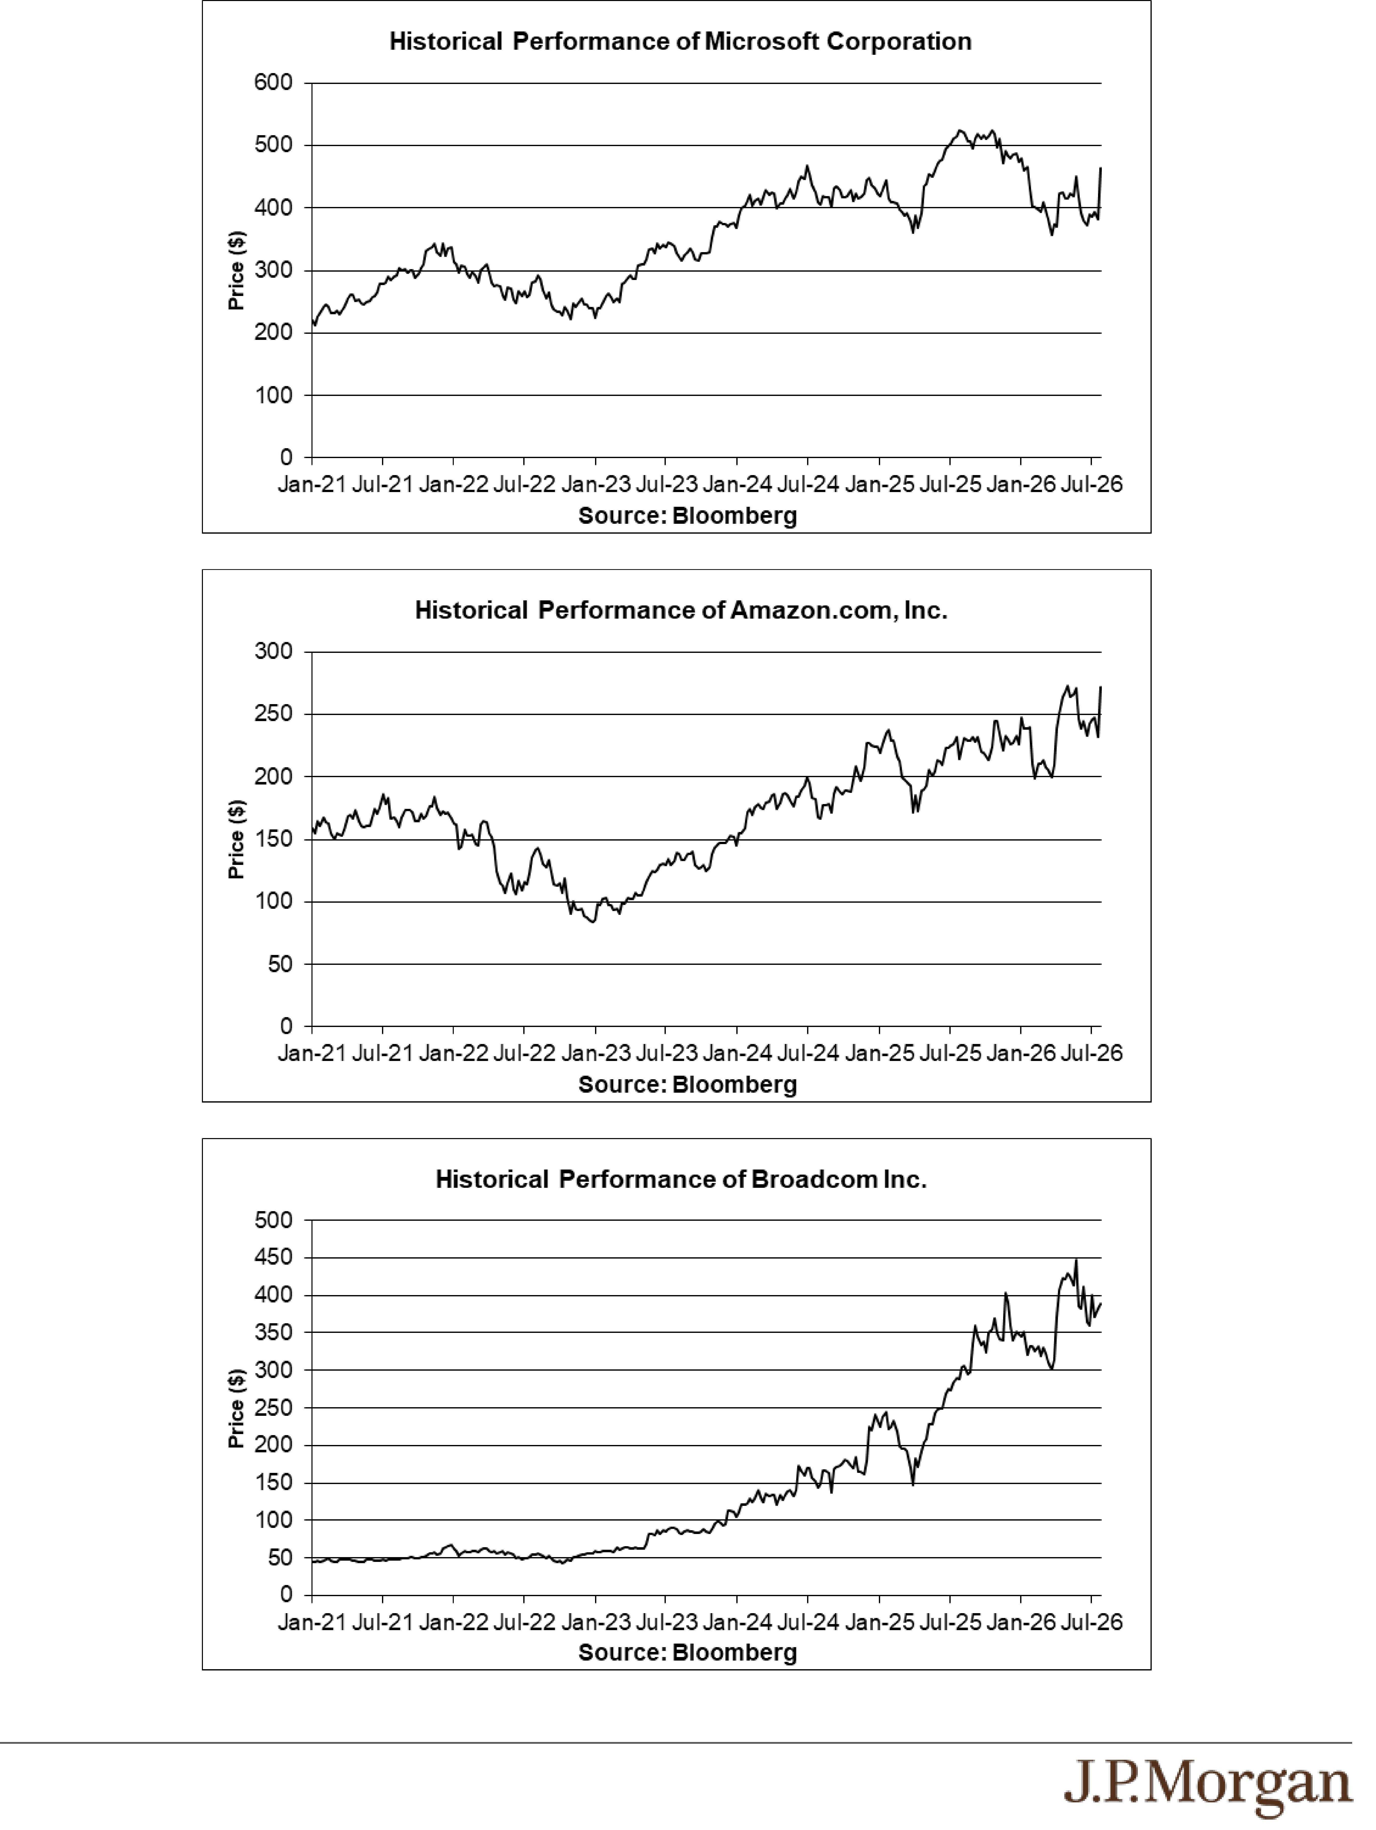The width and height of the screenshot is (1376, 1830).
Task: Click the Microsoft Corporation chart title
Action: click(680, 41)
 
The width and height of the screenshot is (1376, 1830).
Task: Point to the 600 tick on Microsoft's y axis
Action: click(274, 83)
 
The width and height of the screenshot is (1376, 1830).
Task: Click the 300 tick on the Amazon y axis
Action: click(274, 652)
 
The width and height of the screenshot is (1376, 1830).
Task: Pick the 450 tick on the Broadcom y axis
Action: click(274, 1258)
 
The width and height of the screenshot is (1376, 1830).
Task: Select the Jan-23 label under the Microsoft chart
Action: click(595, 484)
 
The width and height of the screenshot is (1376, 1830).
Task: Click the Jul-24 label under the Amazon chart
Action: click(808, 1053)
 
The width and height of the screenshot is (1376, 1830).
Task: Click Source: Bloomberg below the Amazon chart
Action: click(688, 1085)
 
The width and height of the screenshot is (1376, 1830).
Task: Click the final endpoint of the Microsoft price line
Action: click(1101, 168)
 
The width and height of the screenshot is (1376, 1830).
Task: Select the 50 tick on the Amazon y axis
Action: click(279, 964)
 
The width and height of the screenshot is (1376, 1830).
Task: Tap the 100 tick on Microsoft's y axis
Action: click(274, 395)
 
